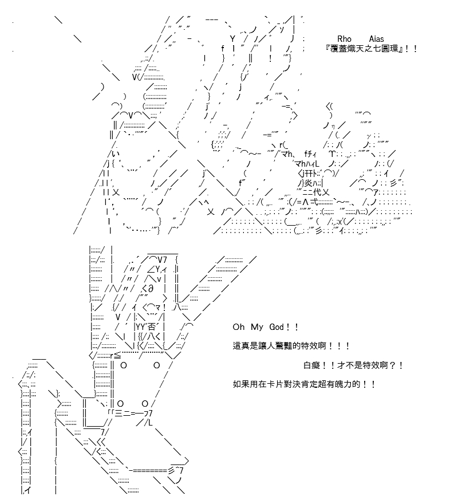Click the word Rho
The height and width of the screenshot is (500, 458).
[x=344, y=39]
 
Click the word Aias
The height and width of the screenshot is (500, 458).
[x=376, y=39]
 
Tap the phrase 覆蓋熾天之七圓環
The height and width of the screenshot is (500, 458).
[x=365, y=49]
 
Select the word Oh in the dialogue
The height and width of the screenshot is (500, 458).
[x=238, y=327]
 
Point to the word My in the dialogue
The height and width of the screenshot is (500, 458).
[x=257, y=327]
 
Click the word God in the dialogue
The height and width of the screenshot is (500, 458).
[x=277, y=327]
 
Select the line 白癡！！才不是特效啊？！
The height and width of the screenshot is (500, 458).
[x=353, y=365]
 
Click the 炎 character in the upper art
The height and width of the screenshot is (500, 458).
[x=308, y=183]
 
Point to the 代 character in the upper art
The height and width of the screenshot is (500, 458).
[x=317, y=192]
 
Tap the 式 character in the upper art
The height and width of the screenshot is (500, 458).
[x=314, y=202]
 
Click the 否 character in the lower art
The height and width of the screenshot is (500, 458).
[x=151, y=326]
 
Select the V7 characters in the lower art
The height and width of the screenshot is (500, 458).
[x=162, y=260]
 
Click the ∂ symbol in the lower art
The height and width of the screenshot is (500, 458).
[x=151, y=288]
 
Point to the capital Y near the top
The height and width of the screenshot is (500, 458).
[x=232, y=39]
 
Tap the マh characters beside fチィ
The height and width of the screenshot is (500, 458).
[x=286, y=154]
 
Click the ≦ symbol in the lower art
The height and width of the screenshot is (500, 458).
[x=117, y=355]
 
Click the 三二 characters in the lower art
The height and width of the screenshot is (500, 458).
[x=122, y=414]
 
